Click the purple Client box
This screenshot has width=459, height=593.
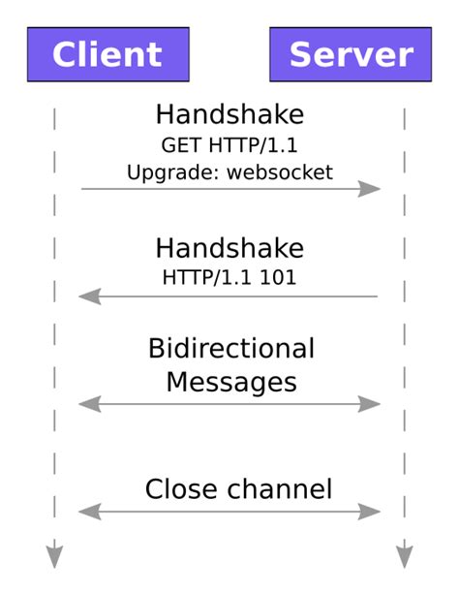click(107, 54)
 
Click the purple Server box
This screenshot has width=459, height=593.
click(351, 54)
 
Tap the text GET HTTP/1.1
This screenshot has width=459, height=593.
click(229, 145)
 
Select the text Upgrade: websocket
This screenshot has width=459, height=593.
click(229, 172)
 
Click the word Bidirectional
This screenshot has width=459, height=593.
click(231, 349)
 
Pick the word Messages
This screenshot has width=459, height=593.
click(231, 381)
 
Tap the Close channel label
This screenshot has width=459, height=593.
click(238, 489)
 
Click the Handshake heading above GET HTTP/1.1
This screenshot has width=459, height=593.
click(229, 115)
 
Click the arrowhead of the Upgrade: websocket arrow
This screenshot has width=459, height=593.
click(371, 189)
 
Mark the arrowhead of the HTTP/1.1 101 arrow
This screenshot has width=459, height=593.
click(89, 296)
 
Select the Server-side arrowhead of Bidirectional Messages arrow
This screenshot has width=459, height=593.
click(371, 403)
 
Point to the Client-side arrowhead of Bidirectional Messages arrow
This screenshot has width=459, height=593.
click(89, 403)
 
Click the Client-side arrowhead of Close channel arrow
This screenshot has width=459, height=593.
click(89, 512)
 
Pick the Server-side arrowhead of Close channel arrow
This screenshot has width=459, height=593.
click(371, 512)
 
